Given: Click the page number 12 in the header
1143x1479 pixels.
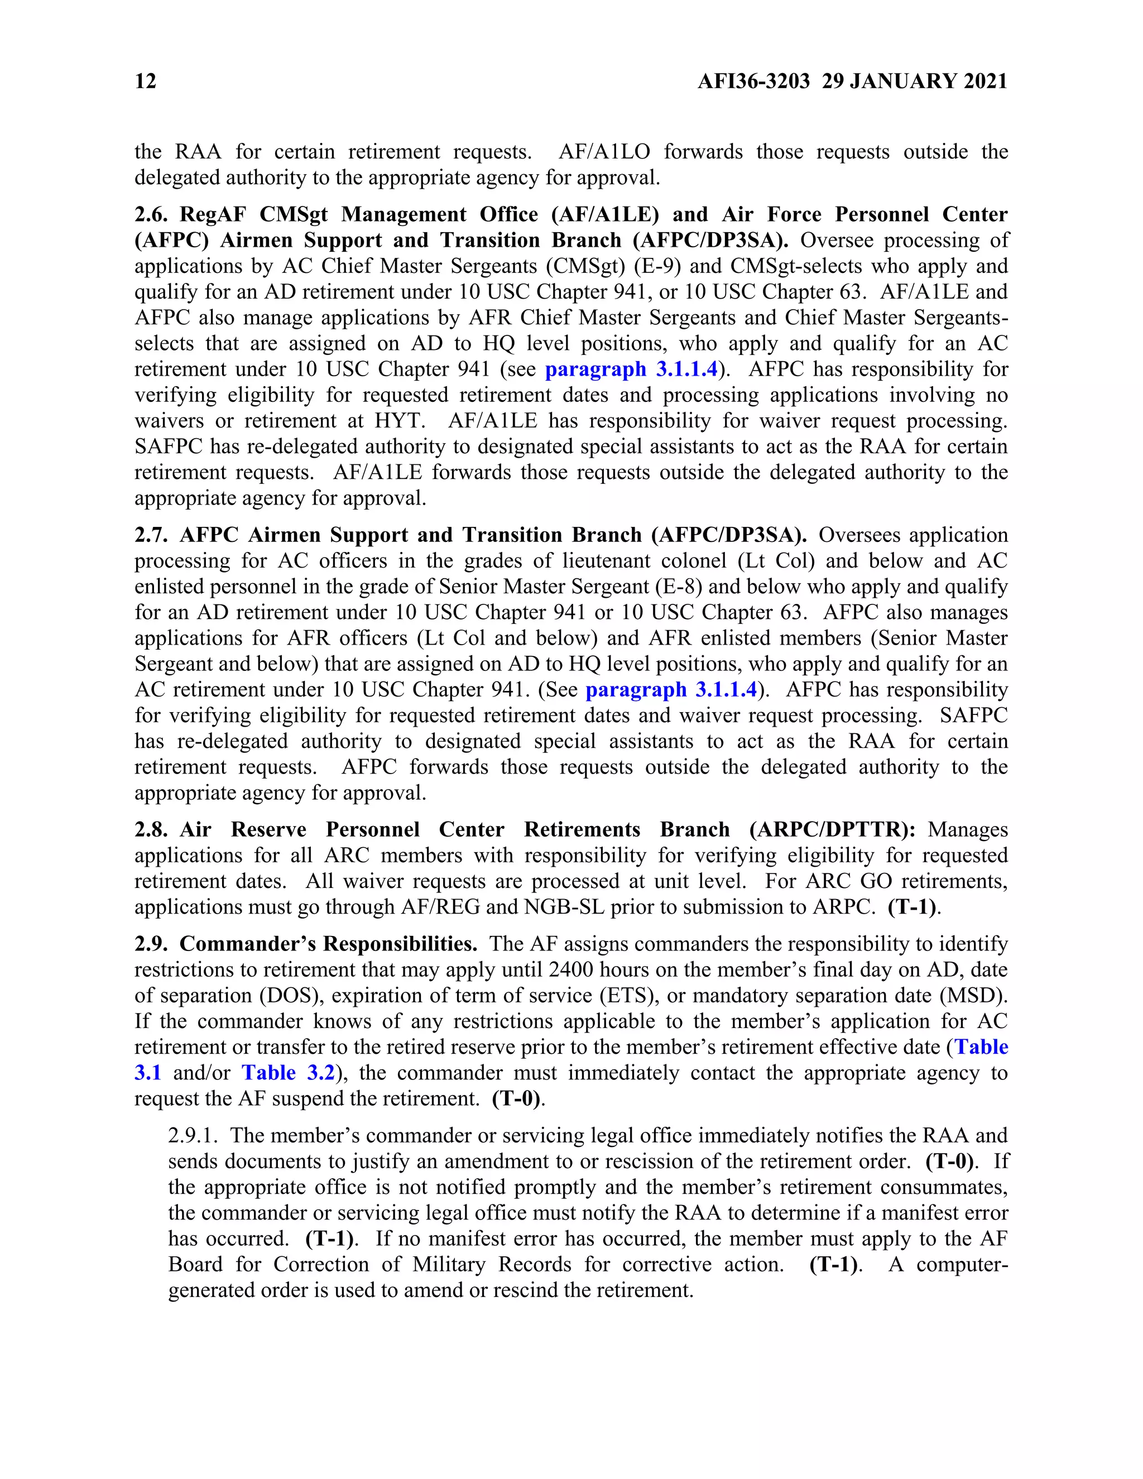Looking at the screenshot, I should tap(146, 81).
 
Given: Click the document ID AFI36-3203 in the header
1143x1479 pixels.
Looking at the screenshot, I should tap(753, 81).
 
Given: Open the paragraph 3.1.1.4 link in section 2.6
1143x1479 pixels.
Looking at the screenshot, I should tap(631, 369).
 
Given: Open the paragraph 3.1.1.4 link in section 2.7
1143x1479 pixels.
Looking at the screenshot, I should tap(671, 690).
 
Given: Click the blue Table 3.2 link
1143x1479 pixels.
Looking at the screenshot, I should tap(289, 1073).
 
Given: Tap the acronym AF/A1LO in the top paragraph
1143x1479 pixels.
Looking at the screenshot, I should tap(604, 152).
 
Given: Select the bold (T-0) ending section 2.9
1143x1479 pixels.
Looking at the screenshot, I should tap(517, 1099).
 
